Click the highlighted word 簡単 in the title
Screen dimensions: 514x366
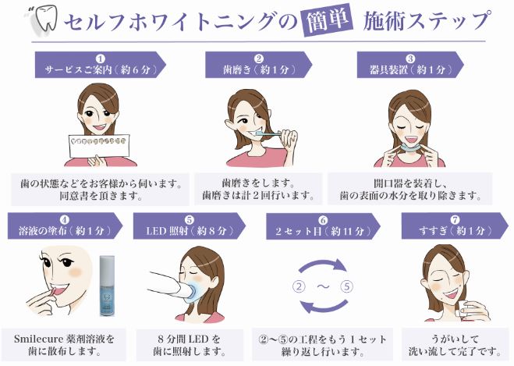(x=328, y=20)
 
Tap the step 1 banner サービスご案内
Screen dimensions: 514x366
(x=101, y=65)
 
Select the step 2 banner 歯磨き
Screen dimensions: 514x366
(x=259, y=65)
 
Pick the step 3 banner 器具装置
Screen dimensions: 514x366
(x=410, y=65)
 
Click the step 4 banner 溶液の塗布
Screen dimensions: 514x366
(x=65, y=226)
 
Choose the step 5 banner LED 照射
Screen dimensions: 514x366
(x=190, y=226)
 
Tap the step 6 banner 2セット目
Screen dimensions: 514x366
(x=323, y=226)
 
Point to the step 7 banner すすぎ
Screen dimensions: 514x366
(x=455, y=226)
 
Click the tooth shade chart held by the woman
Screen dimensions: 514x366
(x=99, y=146)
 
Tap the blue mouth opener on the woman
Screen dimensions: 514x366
(x=409, y=147)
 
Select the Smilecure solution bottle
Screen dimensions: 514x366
(x=107, y=286)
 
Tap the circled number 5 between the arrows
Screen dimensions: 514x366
(x=346, y=286)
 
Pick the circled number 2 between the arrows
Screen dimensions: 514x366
(x=299, y=286)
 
